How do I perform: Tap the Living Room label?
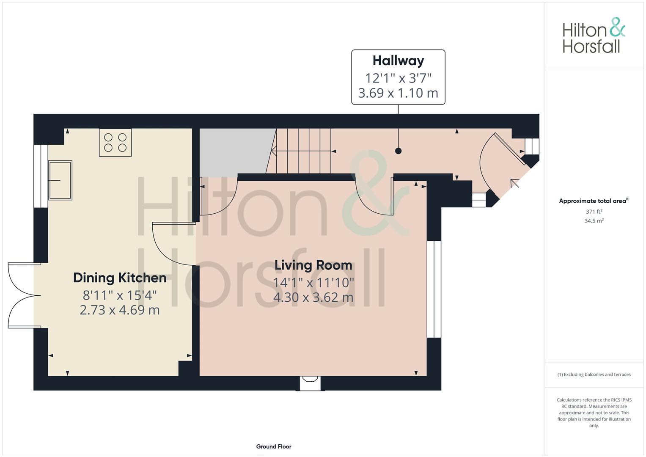click(313, 265)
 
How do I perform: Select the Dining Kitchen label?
click(120, 278)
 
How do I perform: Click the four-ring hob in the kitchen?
click(115, 143)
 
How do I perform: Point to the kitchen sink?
click(60, 180)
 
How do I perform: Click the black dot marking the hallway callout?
click(398, 151)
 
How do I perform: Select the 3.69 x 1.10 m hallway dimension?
click(398, 93)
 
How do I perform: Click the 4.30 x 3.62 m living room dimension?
click(313, 297)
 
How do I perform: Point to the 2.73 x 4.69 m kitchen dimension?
click(120, 310)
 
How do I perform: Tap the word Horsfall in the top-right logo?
click(591, 46)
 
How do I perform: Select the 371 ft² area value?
click(594, 212)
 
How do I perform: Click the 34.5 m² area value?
click(594, 221)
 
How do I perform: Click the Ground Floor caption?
click(274, 446)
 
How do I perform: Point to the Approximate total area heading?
click(594, 201)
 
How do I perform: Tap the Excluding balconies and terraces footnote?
click(594, 374)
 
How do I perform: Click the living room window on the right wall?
click(434, 289)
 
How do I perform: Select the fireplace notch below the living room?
click(311, 383)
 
